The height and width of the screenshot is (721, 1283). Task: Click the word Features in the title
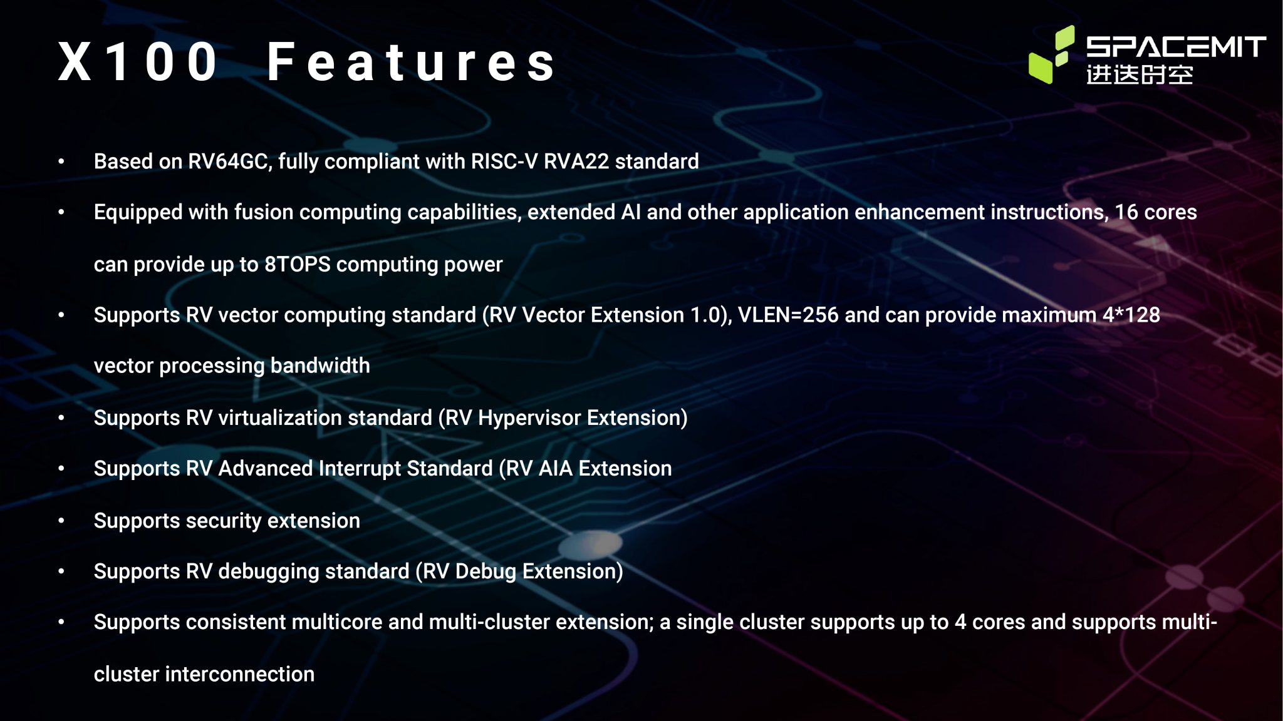pos(411,62)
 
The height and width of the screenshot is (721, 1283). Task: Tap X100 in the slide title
pos(138,62)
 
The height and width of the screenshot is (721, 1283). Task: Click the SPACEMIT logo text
pos(1176,47)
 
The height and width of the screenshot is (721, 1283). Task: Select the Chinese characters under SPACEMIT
pos(1139,74)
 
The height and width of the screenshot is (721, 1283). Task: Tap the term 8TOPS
pos(297,264)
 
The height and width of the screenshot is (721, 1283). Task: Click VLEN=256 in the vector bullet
pos(787,315)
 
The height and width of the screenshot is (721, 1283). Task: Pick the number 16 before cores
pos(1126,212)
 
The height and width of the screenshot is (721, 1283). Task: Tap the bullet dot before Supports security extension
pos(61,521)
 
